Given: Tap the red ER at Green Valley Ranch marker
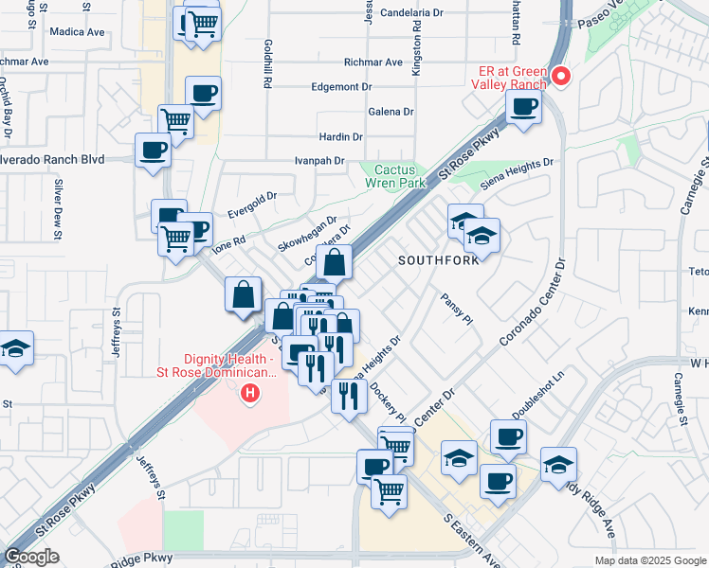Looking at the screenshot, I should [x=560, y=76].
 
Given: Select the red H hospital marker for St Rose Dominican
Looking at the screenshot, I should [x=250, y=392].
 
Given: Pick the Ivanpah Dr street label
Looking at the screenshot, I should [x=318, y=161].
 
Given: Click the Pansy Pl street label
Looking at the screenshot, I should [x=456, y=310].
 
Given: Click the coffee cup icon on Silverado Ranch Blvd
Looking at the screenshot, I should [x=154, y=149].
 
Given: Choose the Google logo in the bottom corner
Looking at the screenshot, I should [x=31, y=557].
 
